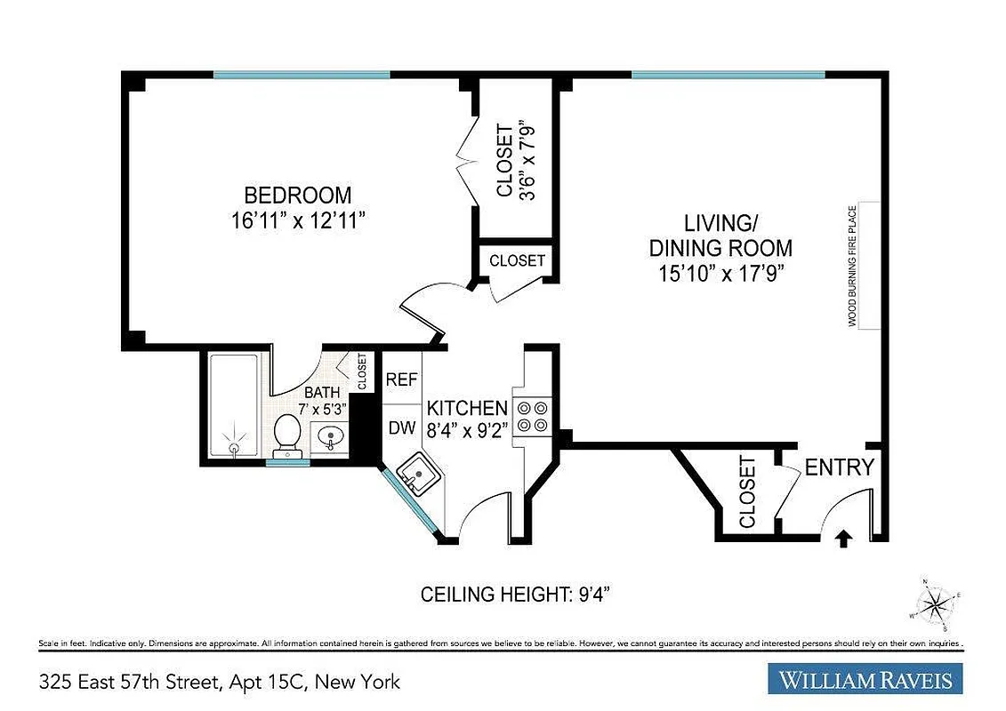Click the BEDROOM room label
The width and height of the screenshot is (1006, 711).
[x=298, y=195]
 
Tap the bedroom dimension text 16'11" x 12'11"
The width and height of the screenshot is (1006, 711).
[x=298, y=221]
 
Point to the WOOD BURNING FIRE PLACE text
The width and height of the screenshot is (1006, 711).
[x=851, y=266]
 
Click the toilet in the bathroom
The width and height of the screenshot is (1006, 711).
[x=287, y=434]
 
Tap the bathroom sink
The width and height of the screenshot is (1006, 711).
[x=330, y=437]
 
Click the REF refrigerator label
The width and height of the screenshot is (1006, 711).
[x=402, y=379]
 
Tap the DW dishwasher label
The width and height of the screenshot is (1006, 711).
[x=402, y=427]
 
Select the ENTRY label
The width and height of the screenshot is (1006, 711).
[x=839, y=467]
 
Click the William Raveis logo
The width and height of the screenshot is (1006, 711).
[x=865, y=681]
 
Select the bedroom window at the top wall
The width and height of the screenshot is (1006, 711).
[x=301, y=75]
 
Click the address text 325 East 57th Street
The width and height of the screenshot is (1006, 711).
[x=220, y=682]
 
